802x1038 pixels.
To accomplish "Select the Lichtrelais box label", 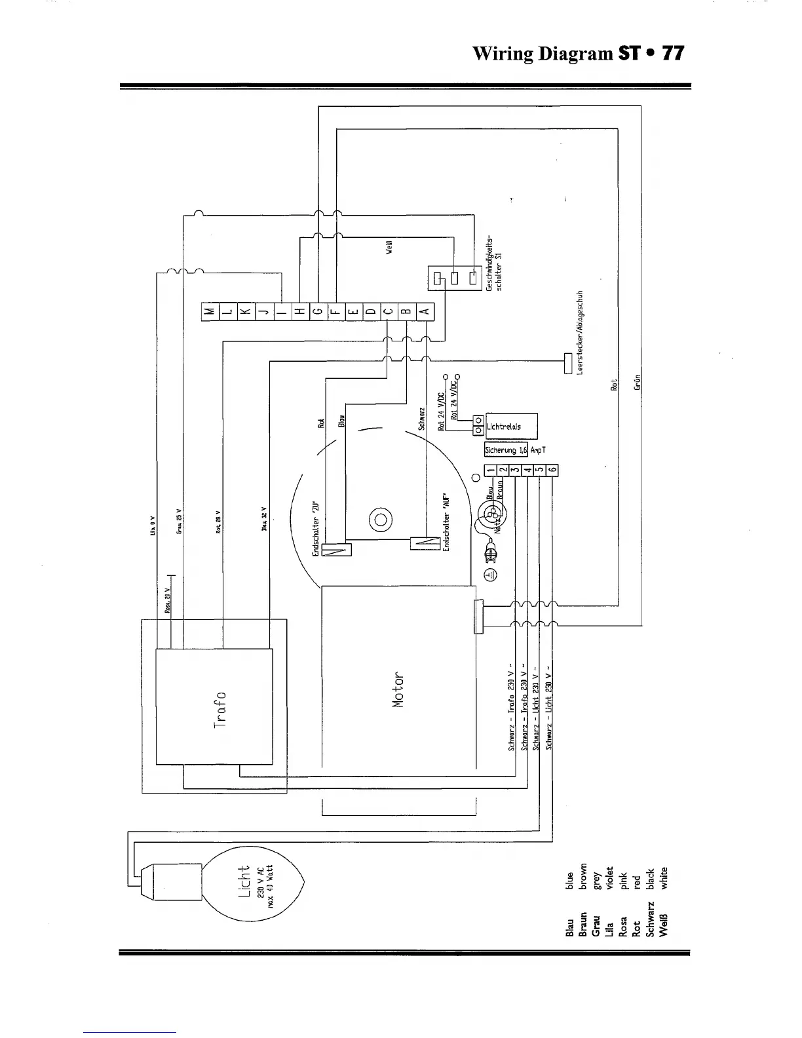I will click(x=505, y=427).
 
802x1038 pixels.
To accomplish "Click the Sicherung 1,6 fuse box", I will click(x=506, y=450).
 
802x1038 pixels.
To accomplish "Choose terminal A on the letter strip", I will click(x=424, y=312).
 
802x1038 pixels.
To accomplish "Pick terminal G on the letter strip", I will click(x=316, y=312).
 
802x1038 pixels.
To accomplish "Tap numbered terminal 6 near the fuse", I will click(x=552, y=470).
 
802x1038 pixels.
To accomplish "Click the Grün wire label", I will click(x=638, y=381).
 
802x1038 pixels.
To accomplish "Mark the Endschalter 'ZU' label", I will click(x=316, y=525).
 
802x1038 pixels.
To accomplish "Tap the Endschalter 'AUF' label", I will click(x=446, y=521).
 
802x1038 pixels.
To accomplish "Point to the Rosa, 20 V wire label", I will click(x=167, y=600).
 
